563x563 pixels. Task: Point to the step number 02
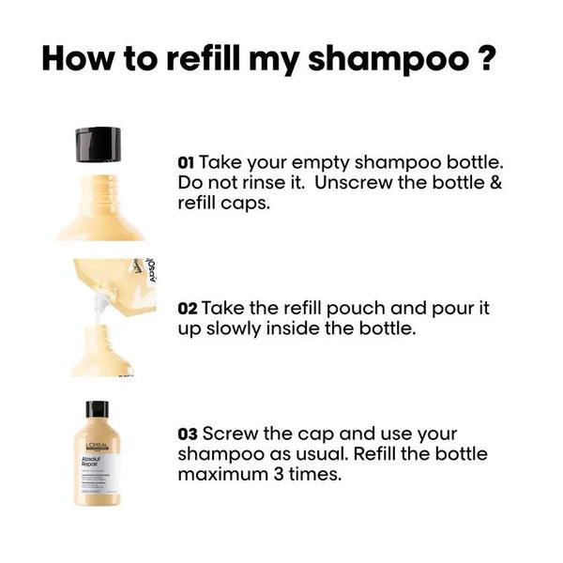click(x=187, y=308)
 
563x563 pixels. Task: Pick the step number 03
click(x=187, y=434)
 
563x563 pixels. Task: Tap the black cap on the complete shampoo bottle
click(x=98, y=410)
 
